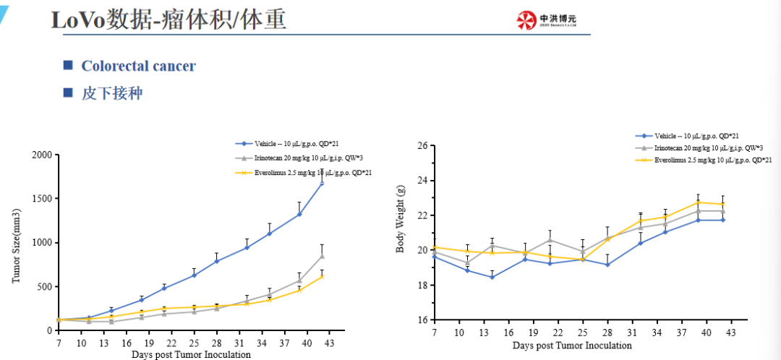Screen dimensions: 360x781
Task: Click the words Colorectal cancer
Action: [138, 67]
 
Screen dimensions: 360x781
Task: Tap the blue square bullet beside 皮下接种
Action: [68, 93]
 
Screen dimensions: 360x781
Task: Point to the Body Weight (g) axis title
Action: [400, 218]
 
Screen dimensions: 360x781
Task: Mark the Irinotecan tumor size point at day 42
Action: [322, 256]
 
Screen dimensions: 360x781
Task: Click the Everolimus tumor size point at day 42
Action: [322, 275]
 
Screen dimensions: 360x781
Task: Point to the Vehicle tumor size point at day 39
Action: [299, 214]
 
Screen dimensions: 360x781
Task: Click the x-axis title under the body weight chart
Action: [572, 346]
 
